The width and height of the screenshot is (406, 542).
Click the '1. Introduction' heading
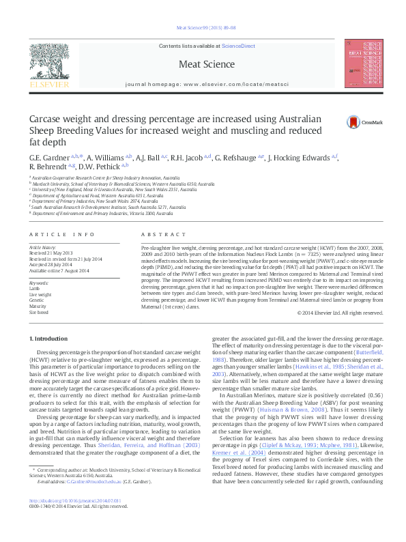coord(48,339)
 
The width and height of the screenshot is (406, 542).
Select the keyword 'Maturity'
coord(37,306)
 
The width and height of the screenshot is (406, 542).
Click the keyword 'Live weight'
coord(40,294)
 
